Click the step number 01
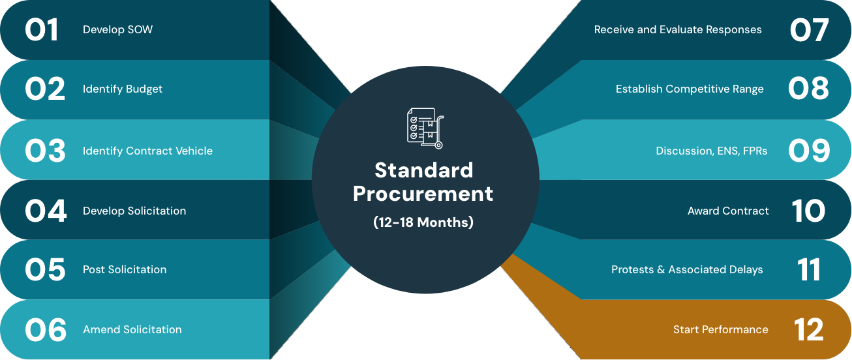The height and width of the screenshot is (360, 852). click(42, 30)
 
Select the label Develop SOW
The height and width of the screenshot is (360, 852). click(117, 30)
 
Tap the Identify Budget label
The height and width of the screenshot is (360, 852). click(123, 89)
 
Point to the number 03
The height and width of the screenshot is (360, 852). click(45, 151)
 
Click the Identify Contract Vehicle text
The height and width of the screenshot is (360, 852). click(147, 151)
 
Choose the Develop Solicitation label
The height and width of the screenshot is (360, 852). click(134, 211)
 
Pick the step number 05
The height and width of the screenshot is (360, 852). click(45, 269)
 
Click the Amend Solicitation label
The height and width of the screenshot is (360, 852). click(132, 329)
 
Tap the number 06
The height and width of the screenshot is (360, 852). click(45, 329)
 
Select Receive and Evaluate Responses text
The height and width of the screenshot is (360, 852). click(678, 30)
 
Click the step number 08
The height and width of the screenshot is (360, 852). click(808, 89)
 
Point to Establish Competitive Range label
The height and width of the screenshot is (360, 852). click(690, 89)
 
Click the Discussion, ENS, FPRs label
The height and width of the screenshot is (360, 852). click(712, 151)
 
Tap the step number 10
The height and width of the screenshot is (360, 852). click(808, 211)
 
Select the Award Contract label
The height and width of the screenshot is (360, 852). click(728, 211)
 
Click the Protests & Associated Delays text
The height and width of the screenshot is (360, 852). click(687, 269)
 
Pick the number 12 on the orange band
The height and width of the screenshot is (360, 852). click(809, 329)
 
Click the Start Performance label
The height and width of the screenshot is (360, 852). click(721, 329)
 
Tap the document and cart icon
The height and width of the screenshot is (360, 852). click(425, 128)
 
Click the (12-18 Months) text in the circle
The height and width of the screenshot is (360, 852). click(423, 222)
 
